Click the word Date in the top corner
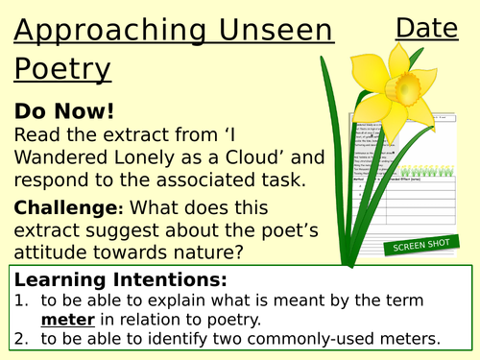[x=427, y=29]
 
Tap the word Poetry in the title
[x=62, y=68]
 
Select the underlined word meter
[x=62, y=320]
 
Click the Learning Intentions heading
[x=119, y=280]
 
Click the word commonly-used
[x=313, y=339]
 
